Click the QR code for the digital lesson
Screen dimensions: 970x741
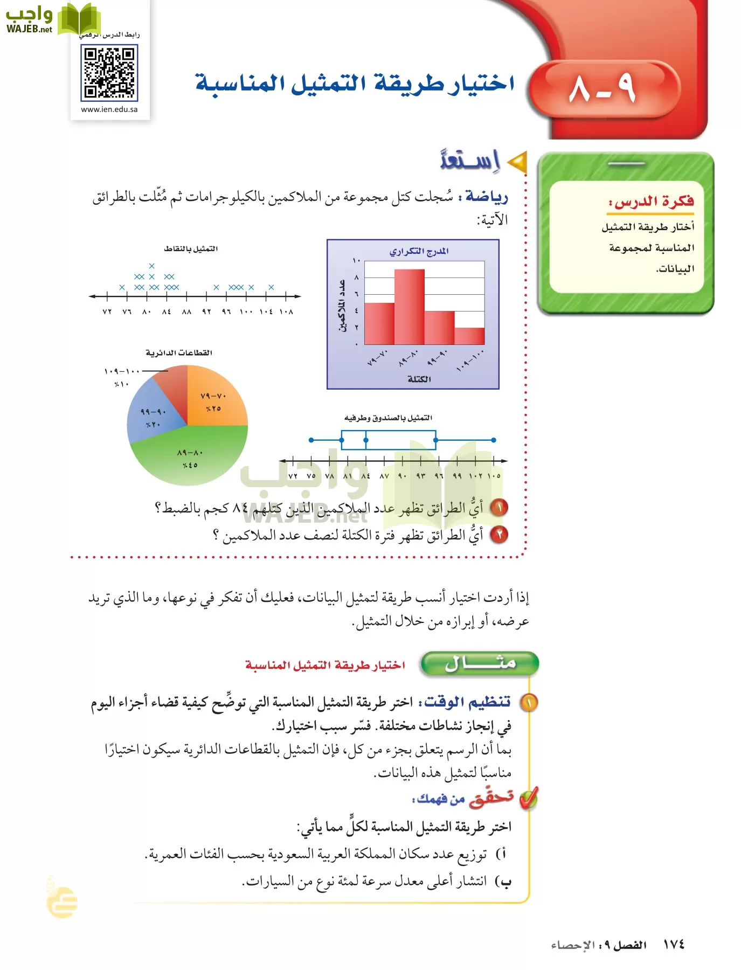(109, 73)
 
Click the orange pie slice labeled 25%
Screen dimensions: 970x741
(214, 399)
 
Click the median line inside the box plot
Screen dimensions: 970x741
(366, 440)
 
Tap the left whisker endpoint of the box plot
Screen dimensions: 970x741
(311, 440)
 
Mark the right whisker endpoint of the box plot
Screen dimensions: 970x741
(494, 440)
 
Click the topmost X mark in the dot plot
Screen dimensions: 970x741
(152, 266)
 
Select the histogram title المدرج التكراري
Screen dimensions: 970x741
(419, 252)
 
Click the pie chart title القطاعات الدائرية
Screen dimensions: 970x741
(178, 353)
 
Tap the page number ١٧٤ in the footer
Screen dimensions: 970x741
(673, 945)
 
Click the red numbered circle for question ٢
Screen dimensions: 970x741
(500, 535)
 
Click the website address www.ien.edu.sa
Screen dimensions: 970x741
(109, 109)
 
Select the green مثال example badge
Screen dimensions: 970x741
(479, 663)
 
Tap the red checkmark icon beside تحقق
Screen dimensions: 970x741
(529, 799)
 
